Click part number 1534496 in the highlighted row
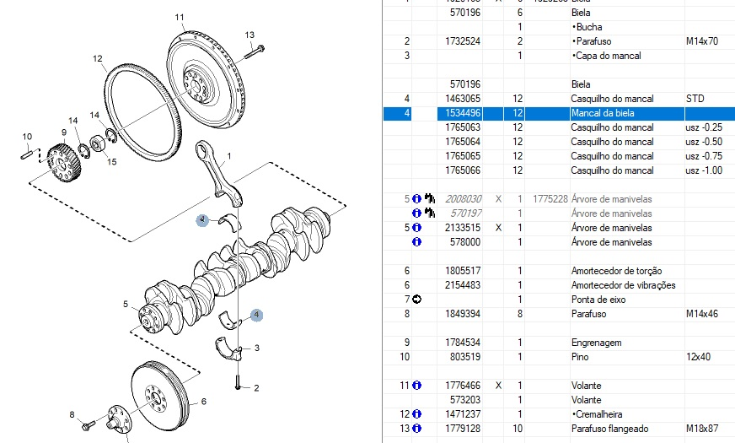click(x=465, y=113)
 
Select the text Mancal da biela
click(x=601, y=113)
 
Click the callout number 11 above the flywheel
click(x=180, y=17)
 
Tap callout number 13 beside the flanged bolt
click(x=249, y=35)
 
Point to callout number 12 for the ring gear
click(x=98, y=58)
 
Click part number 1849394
click(x=465, y=314)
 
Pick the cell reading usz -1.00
click(x=704, y=170)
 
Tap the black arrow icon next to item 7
click(x=416, y=300)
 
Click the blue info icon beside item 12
click(x=416, y=413)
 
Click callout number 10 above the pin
click(x=27, y=137)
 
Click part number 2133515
click(x=465, y=228)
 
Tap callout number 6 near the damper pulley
click(x=203, y=402)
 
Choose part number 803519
click(x=468, y=357)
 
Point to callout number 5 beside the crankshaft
click(x=125, y=305)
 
